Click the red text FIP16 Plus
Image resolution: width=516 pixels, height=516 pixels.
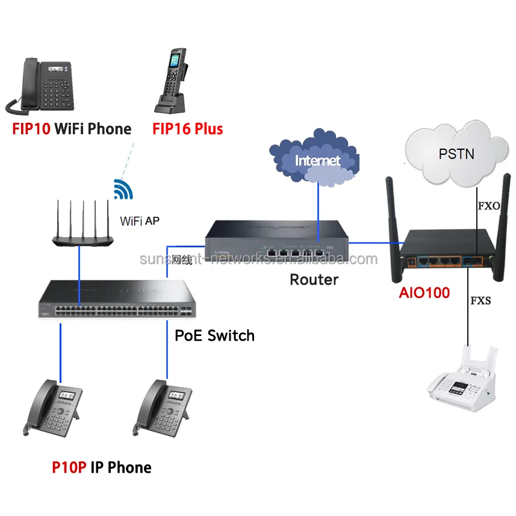(x=187, y=129)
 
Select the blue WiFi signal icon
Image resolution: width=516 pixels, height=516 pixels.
(x=123, y=189)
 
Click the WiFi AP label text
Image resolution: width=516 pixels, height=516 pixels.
(x=139, y=221)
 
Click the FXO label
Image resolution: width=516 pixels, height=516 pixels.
(x=489, y=206)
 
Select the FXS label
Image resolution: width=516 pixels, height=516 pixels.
(x=480, y=300)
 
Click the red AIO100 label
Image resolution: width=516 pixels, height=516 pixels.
(x=424, y=293)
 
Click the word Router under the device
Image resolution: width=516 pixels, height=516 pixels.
(x=314, y=279)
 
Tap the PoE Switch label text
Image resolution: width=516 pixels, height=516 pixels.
(x=214, y=335)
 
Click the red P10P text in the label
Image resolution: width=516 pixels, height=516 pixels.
(x=69, y=467)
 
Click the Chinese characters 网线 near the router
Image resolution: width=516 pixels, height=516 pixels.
(x=181, y=260)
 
